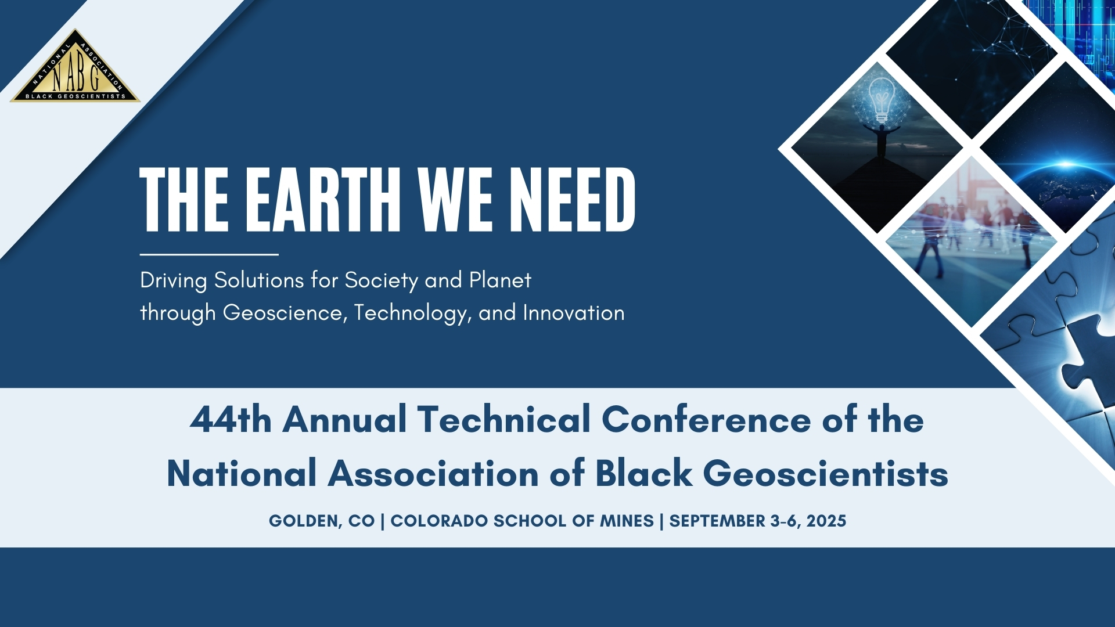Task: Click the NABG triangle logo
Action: pyautogui.click(x=75, y=67)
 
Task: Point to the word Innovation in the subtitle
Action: pyautogui.click(x=574, y=313)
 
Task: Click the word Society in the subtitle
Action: pyautogui.click(x=382, y=281)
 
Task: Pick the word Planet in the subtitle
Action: pyautogui.click(x=500, y=280)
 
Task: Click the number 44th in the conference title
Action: pyautogui.click(x=231, y=419)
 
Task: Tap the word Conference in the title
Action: pyautogui.click(x=706, y=419)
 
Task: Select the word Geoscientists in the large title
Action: pyautogui.click(x=826, y=474)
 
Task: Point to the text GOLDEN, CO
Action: pyautogui.click(x=322, y=521)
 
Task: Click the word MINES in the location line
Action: pyautogui.click(x=627, y=521)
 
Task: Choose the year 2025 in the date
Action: pyautogui.click(x=826, y=521)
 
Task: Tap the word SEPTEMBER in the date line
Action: pyautogui.click(x=717, y=521)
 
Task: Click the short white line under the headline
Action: pyautogui.click(x=209, y=254)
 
